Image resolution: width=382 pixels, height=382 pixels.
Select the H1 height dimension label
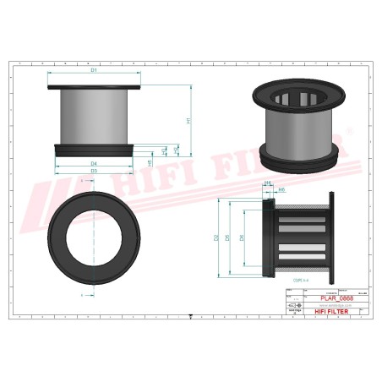click(x=188, y=119)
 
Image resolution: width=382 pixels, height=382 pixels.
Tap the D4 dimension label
click(x=94, y=163)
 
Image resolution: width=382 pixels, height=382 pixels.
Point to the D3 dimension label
click(x=94, y=171)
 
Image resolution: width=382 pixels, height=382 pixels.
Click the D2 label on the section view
click(x=216, y=237)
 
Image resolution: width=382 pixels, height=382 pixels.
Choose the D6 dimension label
click(x=243, y=238)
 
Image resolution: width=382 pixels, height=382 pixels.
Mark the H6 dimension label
click(x=281, y=190)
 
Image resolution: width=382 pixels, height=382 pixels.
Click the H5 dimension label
click(x=150, y=161)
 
